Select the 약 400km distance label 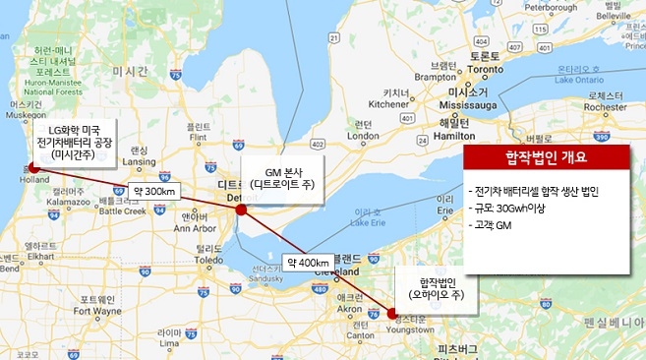308,264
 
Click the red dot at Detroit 241,210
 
